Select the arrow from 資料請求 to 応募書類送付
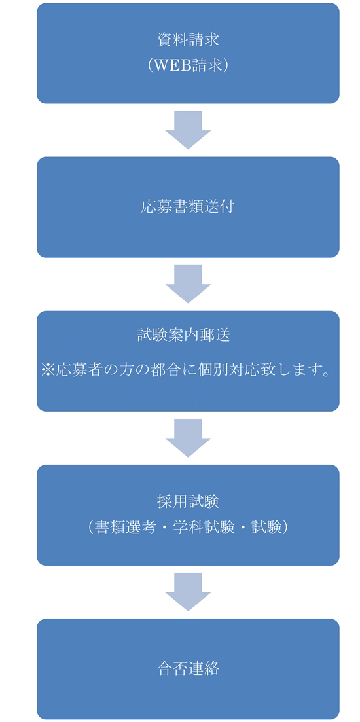pos(188,130)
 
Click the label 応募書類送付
pos(188,208)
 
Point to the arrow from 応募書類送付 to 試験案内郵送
pos(188,283)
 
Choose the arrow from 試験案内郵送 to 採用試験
pos(188,438)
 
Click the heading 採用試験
pos(188,501)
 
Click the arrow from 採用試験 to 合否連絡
pos(188,592)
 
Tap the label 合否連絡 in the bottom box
pos(188,668)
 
